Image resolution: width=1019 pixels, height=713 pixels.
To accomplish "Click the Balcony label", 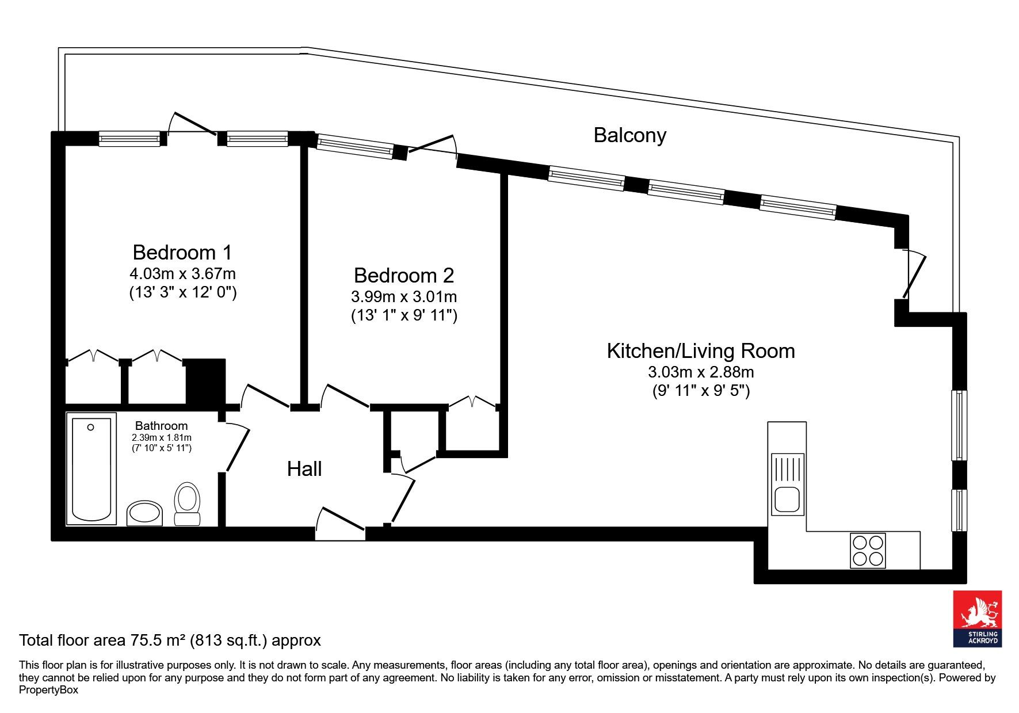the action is pyautogui.click(x=629, y=135).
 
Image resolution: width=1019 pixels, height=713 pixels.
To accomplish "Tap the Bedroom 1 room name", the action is pyautogui.click(x=182, y=252).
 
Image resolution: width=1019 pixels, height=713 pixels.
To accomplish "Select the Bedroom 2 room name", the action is pyautogui.click(x=404, y=275).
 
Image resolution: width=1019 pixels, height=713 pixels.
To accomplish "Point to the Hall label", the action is pyautogui.click(x=304, y=469).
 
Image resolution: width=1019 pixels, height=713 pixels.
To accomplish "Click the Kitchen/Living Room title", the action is pyautogui.click(x=701, y=350).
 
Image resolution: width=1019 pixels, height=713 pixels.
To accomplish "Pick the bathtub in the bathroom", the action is pyautogui.click(x=91, y=468).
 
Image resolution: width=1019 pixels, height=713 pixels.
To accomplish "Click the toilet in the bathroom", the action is pyautogui.click(x=187, y=504).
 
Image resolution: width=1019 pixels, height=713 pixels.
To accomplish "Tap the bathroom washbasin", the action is pyautogui.click(x=144, y=513).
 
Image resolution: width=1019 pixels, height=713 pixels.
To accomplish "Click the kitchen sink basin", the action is pyautogui.click(x=787, y=500).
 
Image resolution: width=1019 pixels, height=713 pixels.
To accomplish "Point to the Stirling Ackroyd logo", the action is pyautogui.click(x=978, y=619).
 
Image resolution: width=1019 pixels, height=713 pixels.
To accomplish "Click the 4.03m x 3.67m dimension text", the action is pyautogui.click(x=182, y=273).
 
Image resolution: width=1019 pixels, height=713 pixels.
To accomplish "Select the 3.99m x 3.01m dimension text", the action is pyautogui.click(x=404, y=297).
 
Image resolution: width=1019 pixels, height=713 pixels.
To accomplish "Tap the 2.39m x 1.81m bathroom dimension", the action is pyautogui.click(x=162, y=438).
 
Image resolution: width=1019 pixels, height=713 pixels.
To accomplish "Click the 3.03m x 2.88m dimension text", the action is pyautogui.click(x=701, y=372).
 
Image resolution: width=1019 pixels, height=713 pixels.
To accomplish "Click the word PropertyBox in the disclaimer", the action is pyautogui.click(x=48, y=690).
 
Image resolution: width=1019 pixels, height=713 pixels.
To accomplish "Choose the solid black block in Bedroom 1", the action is pyautogui.click(x=204, y=382).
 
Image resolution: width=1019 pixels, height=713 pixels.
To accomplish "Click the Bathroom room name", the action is pyautogui.click(x=161, y=426).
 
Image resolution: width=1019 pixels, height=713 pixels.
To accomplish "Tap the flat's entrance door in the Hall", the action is pyautogui.click(x=340, y=524).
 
